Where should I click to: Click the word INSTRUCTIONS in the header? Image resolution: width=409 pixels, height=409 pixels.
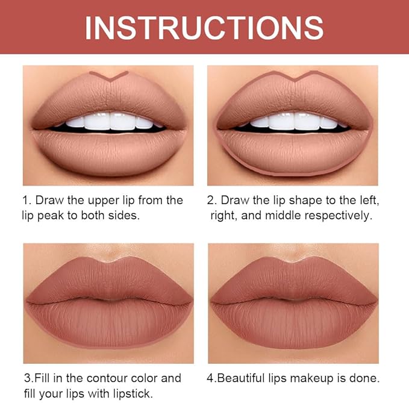[204, 27]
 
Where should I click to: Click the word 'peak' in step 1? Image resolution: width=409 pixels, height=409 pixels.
[57, 215]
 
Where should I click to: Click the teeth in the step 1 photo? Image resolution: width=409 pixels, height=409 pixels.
[109, 122]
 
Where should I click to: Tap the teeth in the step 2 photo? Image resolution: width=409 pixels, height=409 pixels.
[293, 122]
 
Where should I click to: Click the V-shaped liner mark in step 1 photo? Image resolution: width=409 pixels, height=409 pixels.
[109, 76]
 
